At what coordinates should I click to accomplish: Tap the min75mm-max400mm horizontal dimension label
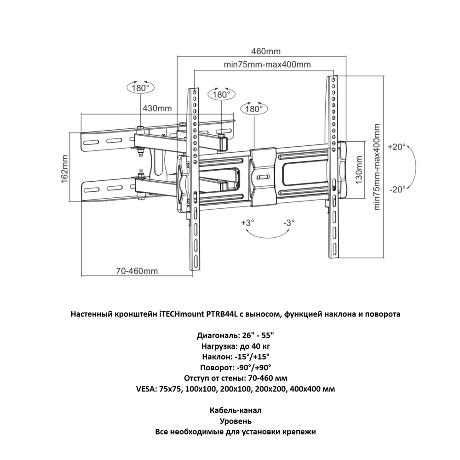(267, 64)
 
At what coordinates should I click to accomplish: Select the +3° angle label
(247, 223)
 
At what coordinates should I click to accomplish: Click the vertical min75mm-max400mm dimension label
(377, 167)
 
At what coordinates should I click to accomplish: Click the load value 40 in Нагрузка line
(258, 346)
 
